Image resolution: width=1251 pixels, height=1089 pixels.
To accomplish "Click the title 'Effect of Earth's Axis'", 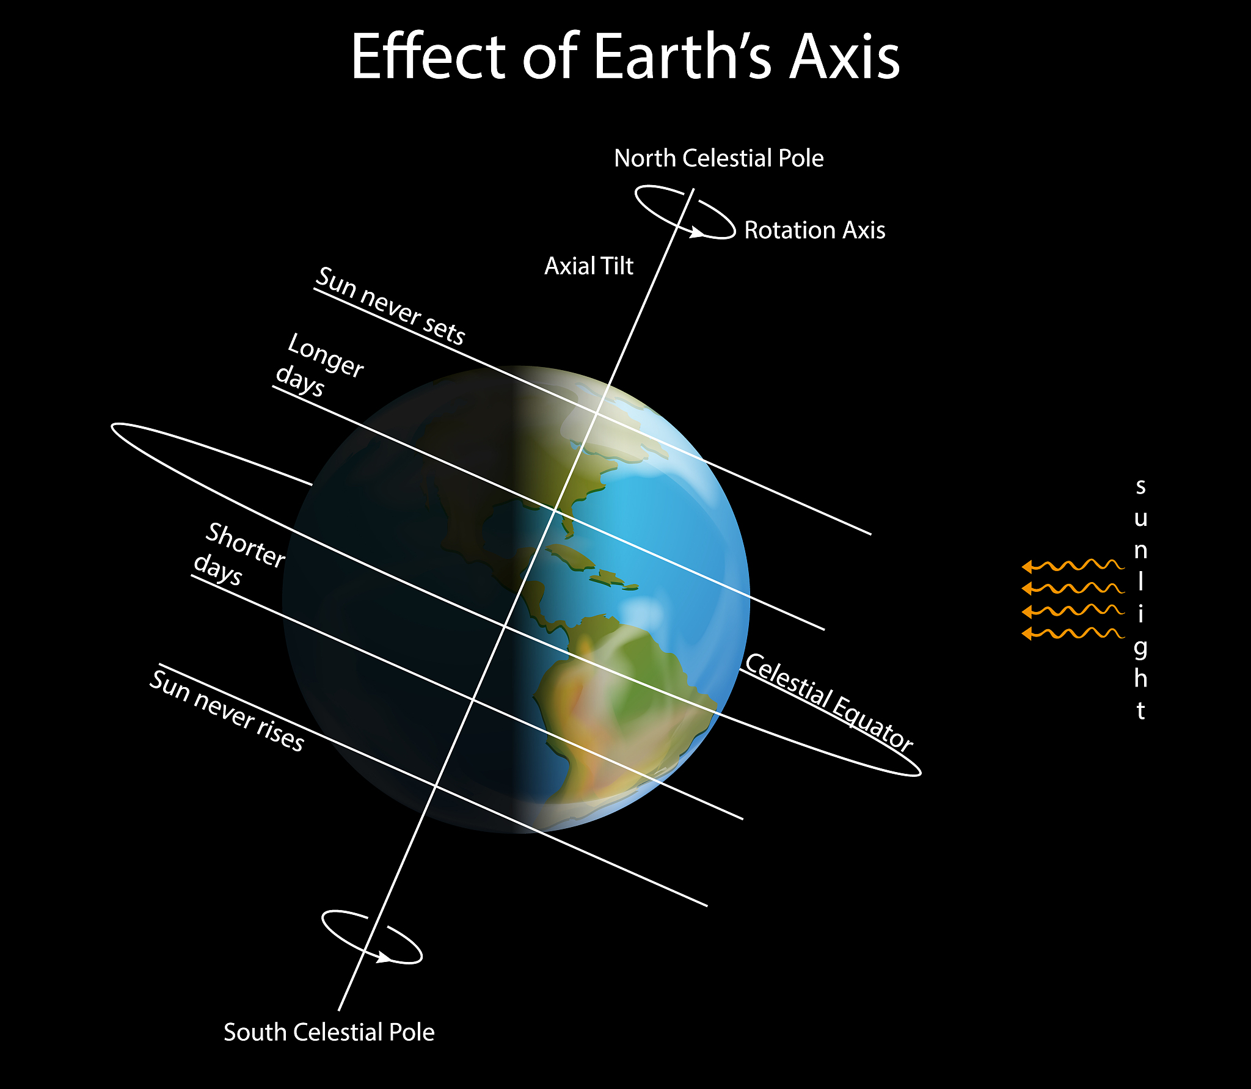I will [x=625, y=56].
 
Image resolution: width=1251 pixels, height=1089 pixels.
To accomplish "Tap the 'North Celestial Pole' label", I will [x=718, y=158].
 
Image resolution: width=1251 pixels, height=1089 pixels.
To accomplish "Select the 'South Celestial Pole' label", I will [x=329, y=1032].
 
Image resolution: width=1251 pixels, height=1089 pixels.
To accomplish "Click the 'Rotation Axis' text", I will [x=814, y=230].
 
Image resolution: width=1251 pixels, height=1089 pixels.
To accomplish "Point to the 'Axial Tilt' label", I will [x=589, y=266].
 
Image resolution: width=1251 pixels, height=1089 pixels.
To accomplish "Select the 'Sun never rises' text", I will [x=227, y=710].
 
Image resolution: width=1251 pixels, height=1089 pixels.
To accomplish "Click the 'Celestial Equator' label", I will [x=829, y=701].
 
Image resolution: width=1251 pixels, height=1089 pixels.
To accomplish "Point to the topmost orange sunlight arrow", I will [x=1072, y=566].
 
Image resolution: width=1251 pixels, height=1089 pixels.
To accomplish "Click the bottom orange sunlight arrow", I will [x=1072, y=633].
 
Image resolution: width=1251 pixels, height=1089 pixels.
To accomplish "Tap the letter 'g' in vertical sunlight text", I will [x=1140, y=648].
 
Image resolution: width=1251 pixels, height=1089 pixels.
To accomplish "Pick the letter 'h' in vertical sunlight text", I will [x=1140, y=677].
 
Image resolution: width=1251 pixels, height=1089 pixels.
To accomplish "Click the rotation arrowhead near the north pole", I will [x=696, y=233].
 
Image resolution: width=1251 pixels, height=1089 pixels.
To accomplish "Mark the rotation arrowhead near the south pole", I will [x=384, y=958].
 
